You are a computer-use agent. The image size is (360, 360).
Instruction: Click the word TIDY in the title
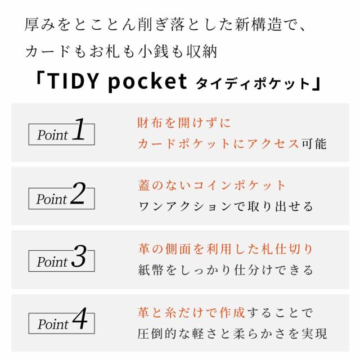[x=70, y=83]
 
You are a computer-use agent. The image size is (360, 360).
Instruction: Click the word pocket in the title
[x=146, y=83]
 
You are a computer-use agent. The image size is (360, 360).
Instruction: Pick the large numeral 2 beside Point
[x=78, y=195]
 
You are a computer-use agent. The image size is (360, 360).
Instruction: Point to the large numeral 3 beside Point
[x=78, y=258]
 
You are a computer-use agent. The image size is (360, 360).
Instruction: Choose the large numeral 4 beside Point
[x=80, y=321]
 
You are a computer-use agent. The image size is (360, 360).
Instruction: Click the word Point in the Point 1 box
[x=52, y=135]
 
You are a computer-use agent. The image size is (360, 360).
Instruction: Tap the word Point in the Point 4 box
[x=52, y=325]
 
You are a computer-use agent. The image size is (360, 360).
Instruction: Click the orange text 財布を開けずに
[x=184, y=123]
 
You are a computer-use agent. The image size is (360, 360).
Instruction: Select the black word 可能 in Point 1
[x=314, y=143]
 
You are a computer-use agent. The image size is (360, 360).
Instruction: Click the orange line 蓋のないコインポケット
[x=212, y=186]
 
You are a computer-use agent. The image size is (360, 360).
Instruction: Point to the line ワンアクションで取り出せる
[x=226, y=206]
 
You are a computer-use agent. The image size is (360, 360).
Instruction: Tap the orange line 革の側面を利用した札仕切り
[x=225, y=249]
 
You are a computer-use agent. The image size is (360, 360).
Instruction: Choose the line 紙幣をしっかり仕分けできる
[x=226, y=270]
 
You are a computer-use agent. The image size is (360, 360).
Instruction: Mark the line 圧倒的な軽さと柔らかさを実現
[x=232, y=334]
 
